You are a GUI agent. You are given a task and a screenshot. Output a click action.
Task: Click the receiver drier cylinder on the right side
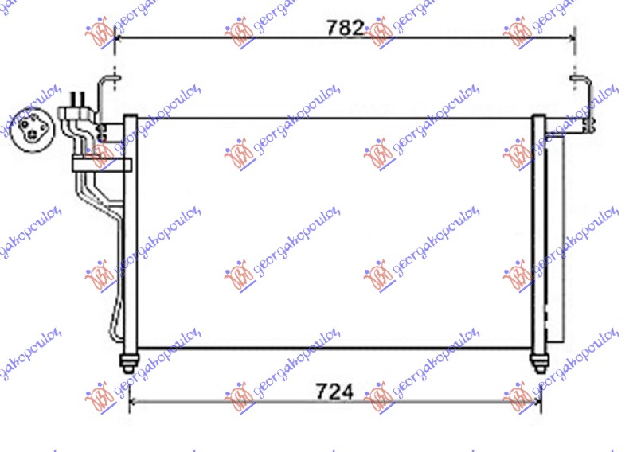[x=555, y=239]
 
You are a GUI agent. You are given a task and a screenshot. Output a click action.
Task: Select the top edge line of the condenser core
[x=334, y=119]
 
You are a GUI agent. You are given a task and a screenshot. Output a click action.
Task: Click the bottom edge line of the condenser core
[x=334, y=348]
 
